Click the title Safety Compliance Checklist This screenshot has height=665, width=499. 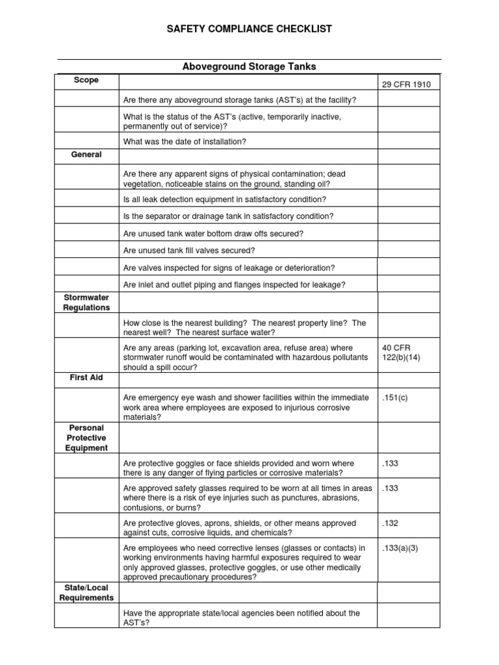pos(249,29)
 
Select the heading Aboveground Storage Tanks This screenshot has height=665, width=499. pos(249,67)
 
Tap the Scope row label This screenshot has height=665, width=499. pos(86,80)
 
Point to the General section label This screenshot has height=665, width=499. pos(86,155)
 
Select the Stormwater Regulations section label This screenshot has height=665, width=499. pos(86,303)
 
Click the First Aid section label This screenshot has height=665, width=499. pos(86,377)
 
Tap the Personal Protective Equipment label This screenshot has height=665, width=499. pos(86,438)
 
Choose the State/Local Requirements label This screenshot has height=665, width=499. pos(86,593)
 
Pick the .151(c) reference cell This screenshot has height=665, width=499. pos(394,397)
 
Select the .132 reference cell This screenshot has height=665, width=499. pos(390,523)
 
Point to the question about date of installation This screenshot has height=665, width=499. pos(185,142)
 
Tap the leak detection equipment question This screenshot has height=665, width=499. pos(224,199)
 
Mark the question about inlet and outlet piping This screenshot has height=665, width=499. pos(234,284)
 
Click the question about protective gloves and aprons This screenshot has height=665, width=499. pos(239,527)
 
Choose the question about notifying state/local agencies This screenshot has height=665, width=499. pos(240,618)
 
